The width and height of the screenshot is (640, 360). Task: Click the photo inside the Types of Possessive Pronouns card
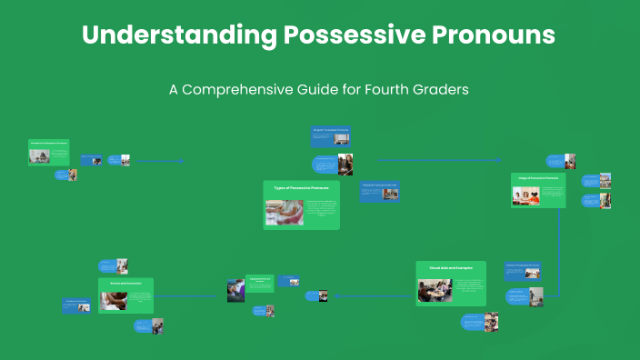pos(285,212)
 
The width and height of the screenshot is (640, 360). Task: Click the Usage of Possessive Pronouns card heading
pos(538,178)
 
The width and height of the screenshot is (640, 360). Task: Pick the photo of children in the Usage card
pos(526,195)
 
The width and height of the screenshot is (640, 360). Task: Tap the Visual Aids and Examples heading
pos(450,267)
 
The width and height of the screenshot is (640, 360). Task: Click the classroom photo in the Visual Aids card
pos(435,290)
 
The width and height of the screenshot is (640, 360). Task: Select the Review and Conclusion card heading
pos(125,284)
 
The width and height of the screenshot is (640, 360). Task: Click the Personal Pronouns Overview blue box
pos(380,190)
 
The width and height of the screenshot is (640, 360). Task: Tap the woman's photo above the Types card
pos(345,164)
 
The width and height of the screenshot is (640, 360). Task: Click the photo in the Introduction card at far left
pos(39,155)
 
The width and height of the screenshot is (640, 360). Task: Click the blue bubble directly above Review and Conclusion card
pos(107,266)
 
